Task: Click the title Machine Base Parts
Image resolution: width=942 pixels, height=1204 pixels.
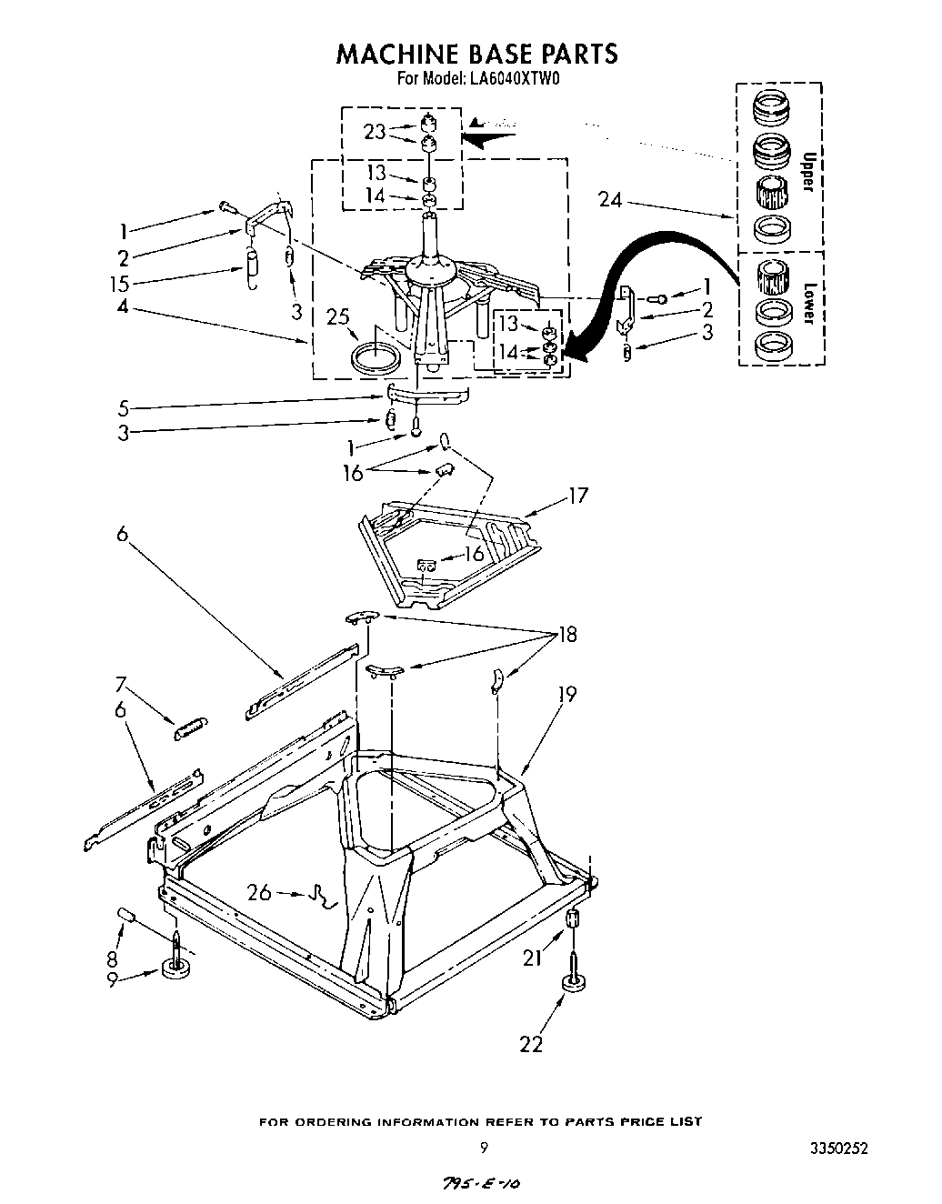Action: point(476,55)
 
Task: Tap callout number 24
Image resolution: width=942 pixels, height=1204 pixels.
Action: point(610,200)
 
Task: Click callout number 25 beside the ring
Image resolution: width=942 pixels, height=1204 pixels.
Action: point(339,317)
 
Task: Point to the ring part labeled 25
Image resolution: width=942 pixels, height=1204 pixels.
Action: point(376,356)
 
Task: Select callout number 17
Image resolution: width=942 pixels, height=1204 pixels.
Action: point(578,497)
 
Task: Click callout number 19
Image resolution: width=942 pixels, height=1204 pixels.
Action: point(567,696)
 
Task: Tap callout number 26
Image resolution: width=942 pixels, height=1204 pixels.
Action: point(259,892)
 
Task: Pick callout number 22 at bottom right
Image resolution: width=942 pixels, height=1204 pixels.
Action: point(531,1044)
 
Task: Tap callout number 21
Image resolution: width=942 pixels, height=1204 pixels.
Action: point(534,956)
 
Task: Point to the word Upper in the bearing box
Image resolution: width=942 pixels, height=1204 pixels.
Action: point(805,170)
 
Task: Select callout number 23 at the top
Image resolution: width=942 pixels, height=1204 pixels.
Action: point(375,133)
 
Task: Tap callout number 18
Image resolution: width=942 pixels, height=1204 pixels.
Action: point(567,634)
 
